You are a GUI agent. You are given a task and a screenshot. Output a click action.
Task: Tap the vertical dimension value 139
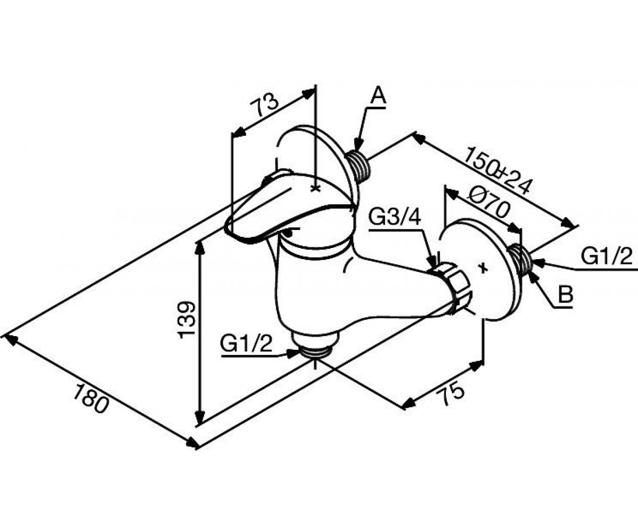click(187, 320)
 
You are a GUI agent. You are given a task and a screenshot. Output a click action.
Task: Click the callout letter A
click(378, 96)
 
